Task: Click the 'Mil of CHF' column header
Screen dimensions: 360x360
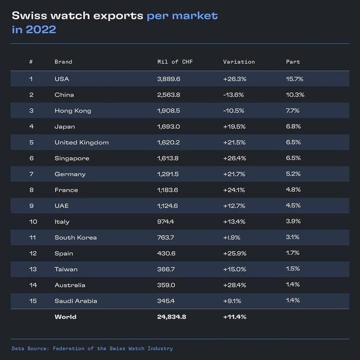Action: pos(175,62)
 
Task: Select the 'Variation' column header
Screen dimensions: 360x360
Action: pos(238,62)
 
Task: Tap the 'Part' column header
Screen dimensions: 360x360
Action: pos(292,62)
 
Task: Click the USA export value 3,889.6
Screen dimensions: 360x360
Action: pos(169,79)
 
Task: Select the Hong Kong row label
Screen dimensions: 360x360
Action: pos(73,111)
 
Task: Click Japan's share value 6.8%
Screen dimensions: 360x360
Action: pos(292,127)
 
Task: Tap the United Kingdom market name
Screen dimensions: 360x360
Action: pos(81,143)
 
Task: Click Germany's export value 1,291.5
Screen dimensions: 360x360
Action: pos(169,174)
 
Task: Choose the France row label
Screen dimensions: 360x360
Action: pos(66,190)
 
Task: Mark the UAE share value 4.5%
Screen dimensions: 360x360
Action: pos(292,206)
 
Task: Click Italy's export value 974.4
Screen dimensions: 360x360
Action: pos(165,222)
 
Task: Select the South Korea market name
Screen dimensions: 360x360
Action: pos(75,238)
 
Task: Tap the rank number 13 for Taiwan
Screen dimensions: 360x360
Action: pos(33,269)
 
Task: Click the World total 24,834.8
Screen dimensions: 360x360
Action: pos(172,317)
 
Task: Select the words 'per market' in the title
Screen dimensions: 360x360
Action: pos(182,15)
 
